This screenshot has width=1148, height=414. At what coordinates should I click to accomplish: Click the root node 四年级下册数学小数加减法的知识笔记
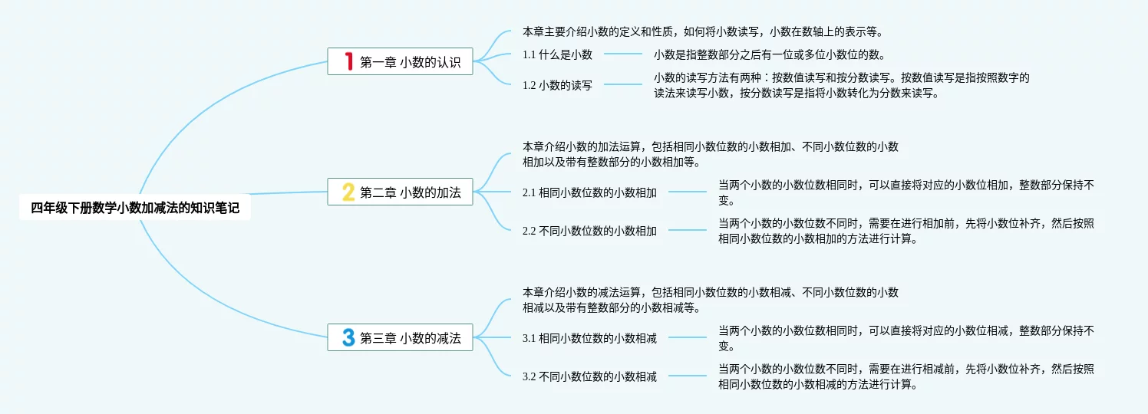tap(134, 207)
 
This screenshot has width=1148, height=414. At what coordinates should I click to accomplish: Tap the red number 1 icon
tap(348, 61)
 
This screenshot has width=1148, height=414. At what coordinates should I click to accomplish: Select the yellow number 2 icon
tap(348, 192)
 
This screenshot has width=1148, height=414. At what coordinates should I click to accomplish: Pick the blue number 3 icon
tap(348, 337)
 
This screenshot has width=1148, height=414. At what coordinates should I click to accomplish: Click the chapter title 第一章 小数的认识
tap(411, 62)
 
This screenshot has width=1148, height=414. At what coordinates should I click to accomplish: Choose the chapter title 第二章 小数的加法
tap(411, 192)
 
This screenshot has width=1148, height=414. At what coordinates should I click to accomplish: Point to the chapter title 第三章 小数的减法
tap(411, 338)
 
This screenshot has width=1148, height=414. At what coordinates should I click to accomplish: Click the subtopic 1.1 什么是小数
tap(557, 54)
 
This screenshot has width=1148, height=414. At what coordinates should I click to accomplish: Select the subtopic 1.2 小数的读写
tap(557, 85)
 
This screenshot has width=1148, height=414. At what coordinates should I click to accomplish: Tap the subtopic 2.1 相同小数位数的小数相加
tap(589, 192)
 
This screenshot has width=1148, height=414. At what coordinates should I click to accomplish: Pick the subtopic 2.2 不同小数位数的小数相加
tap(589, 230)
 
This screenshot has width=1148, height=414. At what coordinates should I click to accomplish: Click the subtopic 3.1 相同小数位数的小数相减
tap(589, 338)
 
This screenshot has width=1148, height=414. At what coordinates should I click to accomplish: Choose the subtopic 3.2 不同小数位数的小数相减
tap(589, 376)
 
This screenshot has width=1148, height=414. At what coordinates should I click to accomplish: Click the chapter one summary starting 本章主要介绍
tap(702, 31)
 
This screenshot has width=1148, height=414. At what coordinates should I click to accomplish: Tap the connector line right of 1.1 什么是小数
tap(623, 54)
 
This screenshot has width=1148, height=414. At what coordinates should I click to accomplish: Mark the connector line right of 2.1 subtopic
tap(688, 192)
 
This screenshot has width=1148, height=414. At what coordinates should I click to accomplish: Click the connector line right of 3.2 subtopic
tap(688, 376)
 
